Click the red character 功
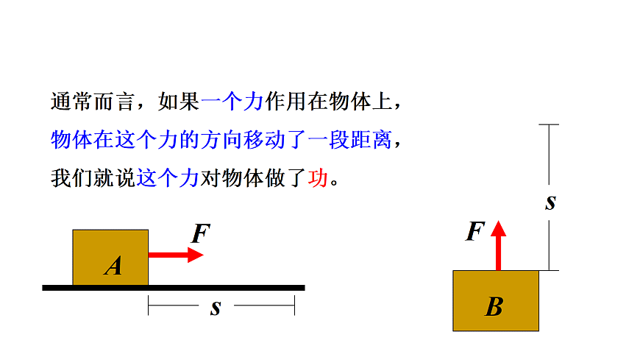[318, 178]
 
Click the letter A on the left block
[113, 265]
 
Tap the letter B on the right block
[494, 306]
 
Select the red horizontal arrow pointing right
[176, 255]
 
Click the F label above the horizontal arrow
[201, 234]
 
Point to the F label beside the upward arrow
[476, 232]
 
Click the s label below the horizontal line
[215, 307]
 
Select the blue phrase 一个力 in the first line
[231, 102]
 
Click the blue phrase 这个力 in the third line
[168, 178]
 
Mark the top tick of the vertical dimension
[549, 126]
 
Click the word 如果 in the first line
[179, 102]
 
